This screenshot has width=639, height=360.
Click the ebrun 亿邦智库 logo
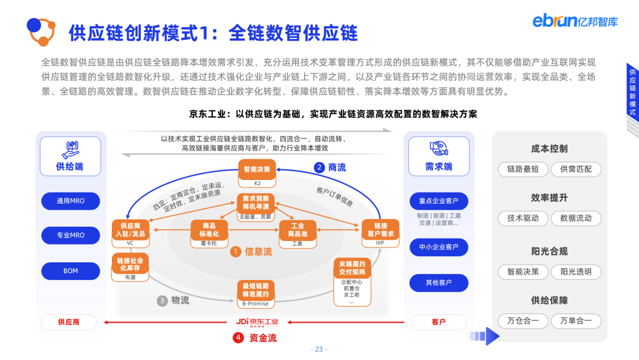coord(575,21)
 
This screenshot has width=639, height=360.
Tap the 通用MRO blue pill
coord(70,201)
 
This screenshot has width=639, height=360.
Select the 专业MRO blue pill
coord(70,235)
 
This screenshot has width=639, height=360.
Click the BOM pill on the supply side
coord(70,271)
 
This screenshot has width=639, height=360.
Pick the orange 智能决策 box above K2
coord(257,169)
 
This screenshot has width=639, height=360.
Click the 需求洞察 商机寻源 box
coord(256,203)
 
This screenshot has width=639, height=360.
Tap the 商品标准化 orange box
coord(209,230)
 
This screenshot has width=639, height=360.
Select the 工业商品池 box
coord(297,230)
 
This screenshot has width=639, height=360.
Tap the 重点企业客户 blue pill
coord(438,201)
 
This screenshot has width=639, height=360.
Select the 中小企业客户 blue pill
coord(438,247)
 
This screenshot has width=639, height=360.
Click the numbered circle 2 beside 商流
coord(319,168)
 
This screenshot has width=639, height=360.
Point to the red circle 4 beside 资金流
coord(238,338)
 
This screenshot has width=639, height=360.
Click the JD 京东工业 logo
coord(257,322)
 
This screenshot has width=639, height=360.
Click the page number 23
coord(319,349)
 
